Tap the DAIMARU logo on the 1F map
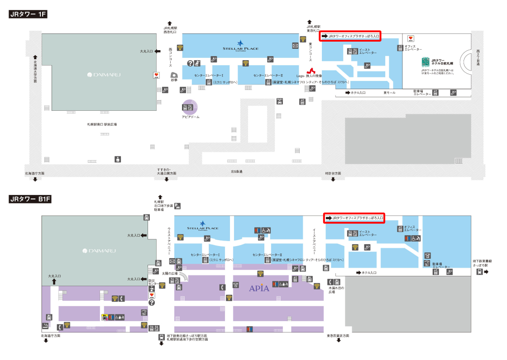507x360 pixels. click(102, 75)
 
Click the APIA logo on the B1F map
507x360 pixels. click(259, 288)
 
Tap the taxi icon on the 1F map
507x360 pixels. click(279, 101)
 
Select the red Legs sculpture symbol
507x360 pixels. click(311, 71)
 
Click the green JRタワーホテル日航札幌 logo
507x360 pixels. click(425, 62)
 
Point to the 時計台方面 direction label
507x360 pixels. click(333, 173)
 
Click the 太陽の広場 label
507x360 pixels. click(169, 273)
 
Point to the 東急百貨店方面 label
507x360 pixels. click(338, 336)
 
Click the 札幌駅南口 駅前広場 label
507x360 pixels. click(102, 124)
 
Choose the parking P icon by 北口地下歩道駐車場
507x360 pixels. click(178, 206)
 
